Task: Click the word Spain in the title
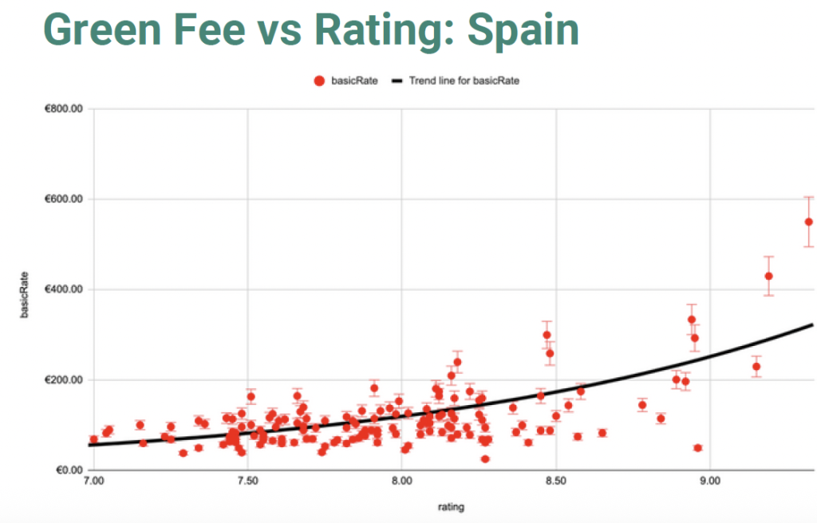[523, 30]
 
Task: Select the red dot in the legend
[320, 81]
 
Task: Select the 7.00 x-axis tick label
[93, 482]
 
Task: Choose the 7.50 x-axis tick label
[247, 482]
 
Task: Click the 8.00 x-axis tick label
[401, 482]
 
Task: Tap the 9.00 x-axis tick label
[709, 482]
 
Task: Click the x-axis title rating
[451, 506]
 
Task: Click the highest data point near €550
[808, 222]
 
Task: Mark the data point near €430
[768, 276]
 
